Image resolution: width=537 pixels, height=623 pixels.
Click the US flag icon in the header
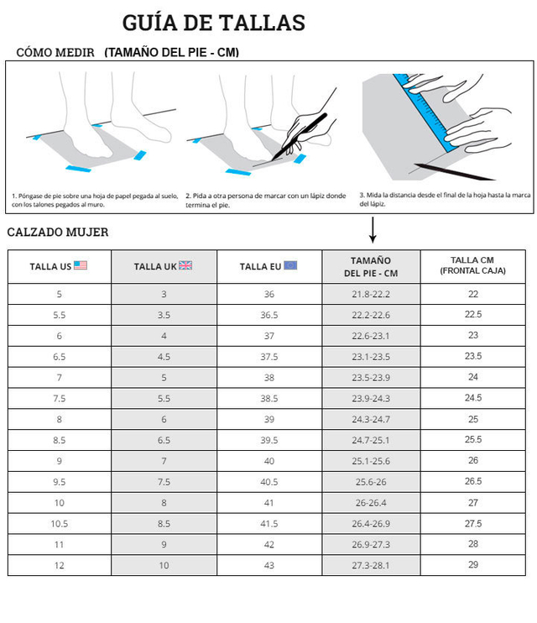point(81,265)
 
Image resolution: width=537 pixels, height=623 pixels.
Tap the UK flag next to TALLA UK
point(185,265)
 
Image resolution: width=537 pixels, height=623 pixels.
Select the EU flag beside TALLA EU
point(290,265)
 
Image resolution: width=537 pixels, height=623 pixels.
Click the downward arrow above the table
point(373,230)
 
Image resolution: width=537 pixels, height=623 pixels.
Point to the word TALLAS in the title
point(262,23)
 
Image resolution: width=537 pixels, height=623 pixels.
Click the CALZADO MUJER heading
point(58,232)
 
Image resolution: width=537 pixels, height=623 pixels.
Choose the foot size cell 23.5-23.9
point(371,378)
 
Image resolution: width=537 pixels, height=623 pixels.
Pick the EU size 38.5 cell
point(268,399)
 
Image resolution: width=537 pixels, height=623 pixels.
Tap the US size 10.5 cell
point(60,524)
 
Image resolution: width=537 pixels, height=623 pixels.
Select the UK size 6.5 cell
point(164,440)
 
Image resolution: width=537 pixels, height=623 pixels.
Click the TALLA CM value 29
point(473,564)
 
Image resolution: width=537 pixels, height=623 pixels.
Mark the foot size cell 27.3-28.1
point(371,565)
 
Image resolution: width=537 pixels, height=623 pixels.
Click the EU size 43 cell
point(268,565)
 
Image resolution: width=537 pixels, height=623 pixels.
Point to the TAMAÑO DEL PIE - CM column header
point(371,267)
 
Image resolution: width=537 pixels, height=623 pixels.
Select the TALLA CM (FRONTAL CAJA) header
point(472,265)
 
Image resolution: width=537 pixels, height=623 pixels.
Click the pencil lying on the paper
point(454,171)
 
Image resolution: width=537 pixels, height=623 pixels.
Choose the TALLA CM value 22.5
point(473,314)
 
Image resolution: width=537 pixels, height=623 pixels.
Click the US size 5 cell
point(60,294)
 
